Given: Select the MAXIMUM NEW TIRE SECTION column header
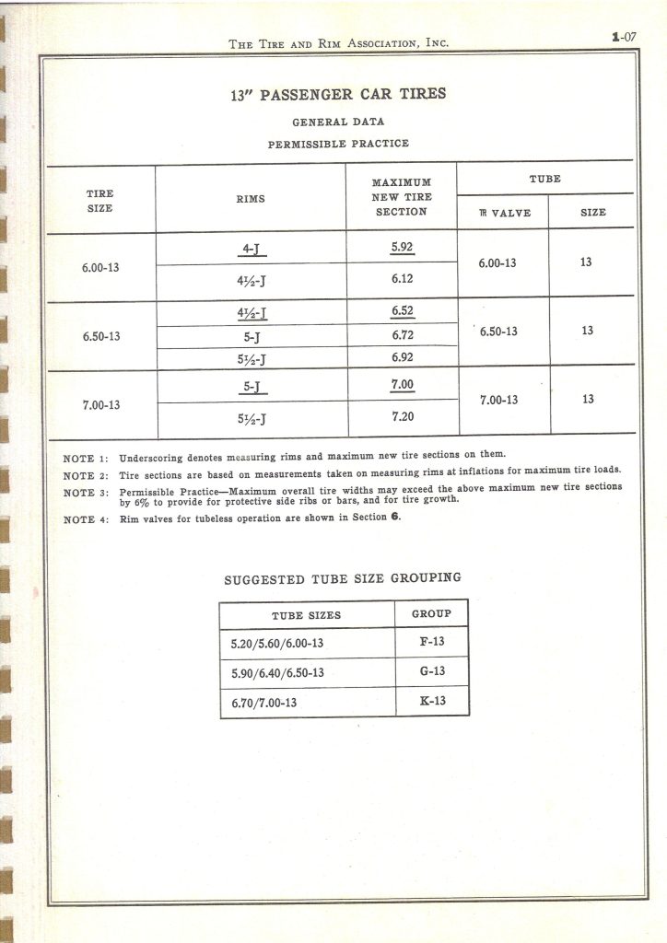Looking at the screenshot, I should (401, 197).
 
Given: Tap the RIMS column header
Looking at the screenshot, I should (251, 198).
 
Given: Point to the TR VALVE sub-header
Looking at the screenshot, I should (504, 213).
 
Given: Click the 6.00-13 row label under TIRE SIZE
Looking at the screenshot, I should (101, 268).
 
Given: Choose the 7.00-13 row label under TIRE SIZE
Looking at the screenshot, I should (101, 404).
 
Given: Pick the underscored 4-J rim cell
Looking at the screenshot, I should (252, 249).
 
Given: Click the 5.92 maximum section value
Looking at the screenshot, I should (403, 247).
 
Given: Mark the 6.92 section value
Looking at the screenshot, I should (403, 355).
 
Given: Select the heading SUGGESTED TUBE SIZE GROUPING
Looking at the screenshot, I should (343, 579).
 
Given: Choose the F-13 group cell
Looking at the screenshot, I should (431, 643).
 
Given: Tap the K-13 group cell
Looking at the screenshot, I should (431, 701).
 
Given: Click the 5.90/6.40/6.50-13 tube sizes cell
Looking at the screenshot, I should (277, 672).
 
